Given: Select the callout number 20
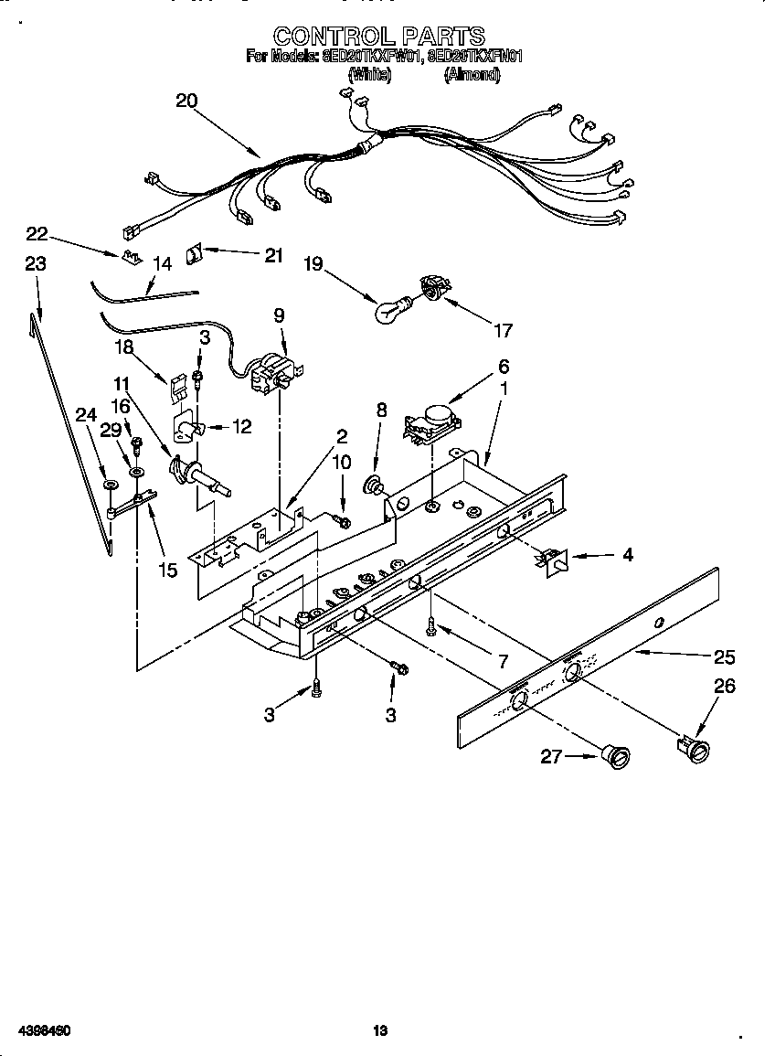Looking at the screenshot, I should pyautogui.click(x=186, y=101).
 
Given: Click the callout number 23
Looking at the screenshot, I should pyautogui.click(x=35, y=264).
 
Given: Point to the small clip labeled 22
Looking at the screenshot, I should pyautogui.click(x=131, y=256).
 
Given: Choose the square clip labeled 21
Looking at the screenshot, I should pyautogui.click(x=195, y=252).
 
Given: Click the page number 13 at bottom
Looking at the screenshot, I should pyautogui.click(x=380, y=1030).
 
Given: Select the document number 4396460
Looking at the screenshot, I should pyautogui.click(x=40, y=1030).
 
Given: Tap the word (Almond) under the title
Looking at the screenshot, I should pyautogui.click(x=472, y=77).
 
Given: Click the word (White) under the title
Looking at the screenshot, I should pyautogui.click(x=370, y=77).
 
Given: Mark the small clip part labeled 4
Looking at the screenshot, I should pyautogui.click(x=552, y=560).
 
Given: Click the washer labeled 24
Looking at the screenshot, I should pyautogui.click(x=110, y=484).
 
